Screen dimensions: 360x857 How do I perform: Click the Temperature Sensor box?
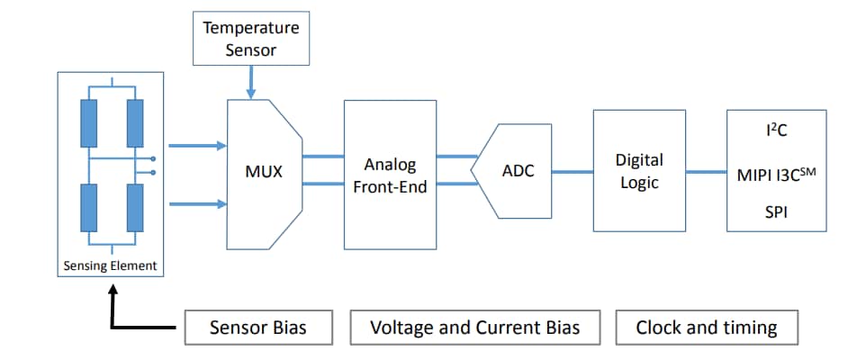(250, 39)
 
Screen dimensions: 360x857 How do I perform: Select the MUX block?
(264, 171)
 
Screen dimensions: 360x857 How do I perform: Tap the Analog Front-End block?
(390, 175)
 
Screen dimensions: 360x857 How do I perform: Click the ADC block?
(517, 171)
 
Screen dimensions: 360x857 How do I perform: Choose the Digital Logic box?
(638, 171)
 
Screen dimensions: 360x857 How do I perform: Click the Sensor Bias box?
(257, 328)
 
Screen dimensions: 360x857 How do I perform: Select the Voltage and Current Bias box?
(474, 328)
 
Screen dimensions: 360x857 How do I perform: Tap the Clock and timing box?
(707, 328)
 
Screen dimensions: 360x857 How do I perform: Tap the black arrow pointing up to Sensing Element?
(112, 306)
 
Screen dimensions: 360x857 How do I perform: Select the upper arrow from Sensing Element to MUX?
(196, 145)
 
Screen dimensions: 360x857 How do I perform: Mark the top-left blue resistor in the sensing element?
(88, 123)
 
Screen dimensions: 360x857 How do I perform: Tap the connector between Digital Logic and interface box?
(706, 171)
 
